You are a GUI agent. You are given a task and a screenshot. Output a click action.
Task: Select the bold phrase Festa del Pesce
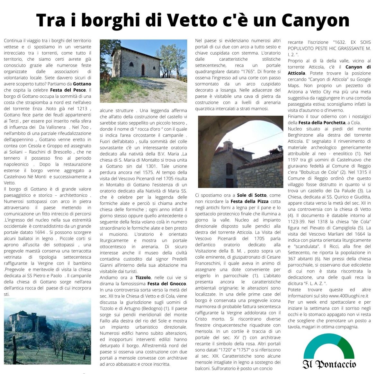tap(68, 90)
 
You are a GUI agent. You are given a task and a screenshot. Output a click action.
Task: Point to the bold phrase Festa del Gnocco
tap(167, 284)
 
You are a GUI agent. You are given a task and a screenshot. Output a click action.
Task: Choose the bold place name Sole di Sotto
tap(252, 195)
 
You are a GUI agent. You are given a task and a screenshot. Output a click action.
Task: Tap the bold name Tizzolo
tap(143, 278)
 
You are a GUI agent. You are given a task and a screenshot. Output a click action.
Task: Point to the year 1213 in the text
tap(82, 109)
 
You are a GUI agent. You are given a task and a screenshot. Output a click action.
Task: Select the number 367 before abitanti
tap(291, 259)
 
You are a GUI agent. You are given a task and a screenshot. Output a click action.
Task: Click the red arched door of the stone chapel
tap(143, 70)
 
